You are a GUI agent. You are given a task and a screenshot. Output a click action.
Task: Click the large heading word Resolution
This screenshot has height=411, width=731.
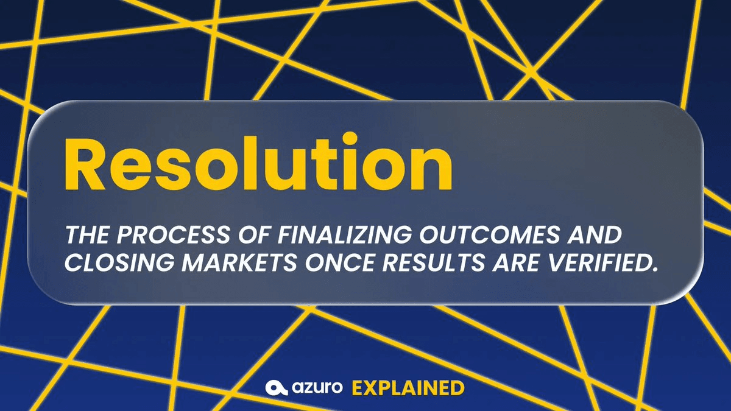[258, 163]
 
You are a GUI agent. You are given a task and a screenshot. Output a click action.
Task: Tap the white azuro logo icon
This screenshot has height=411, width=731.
[277, 388]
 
